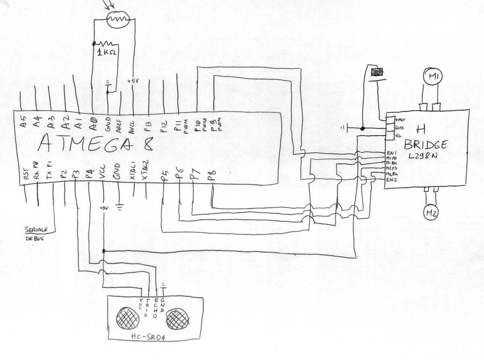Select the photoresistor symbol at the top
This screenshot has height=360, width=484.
117,19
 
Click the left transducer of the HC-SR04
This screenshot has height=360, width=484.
127,317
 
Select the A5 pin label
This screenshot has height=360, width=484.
23,123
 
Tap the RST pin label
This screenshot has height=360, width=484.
25,175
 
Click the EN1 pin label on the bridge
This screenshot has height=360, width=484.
392,154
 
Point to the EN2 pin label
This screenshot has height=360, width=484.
391,180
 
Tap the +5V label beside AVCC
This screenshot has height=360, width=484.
132,81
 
